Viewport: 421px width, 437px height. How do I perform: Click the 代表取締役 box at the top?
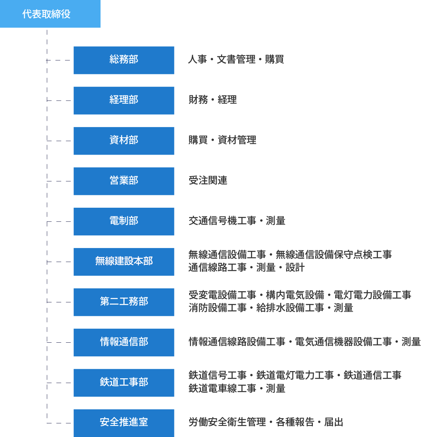[50, 14]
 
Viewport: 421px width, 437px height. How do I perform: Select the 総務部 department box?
[124, 60]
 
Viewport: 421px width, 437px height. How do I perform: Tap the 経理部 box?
[124, 101]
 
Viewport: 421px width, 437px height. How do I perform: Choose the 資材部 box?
[124, 141]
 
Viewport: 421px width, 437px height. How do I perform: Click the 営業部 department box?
[124, 181]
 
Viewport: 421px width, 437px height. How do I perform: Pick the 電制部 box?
[124, 222]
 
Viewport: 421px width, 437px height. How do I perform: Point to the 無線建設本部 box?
[124, 262]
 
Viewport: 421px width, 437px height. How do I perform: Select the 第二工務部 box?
[124, 302]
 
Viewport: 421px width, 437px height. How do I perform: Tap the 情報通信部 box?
[124, 342]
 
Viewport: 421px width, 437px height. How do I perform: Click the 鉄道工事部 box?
[124, 383]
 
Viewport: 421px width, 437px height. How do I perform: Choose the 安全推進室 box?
[124, 423]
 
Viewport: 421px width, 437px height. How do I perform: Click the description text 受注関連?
[208, 180]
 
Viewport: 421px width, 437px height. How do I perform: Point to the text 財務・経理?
[213, 99]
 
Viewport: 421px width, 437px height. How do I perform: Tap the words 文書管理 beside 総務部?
[236, 59]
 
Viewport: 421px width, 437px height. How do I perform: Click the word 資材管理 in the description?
[237, 140]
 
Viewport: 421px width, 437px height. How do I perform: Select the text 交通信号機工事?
[223, 221]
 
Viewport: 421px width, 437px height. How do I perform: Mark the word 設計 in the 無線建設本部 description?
[295, 268]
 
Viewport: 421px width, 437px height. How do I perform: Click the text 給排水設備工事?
[290, 308]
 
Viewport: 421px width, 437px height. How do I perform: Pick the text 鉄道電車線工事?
[223, 388]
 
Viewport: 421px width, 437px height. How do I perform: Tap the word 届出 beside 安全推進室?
[334, 422]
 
